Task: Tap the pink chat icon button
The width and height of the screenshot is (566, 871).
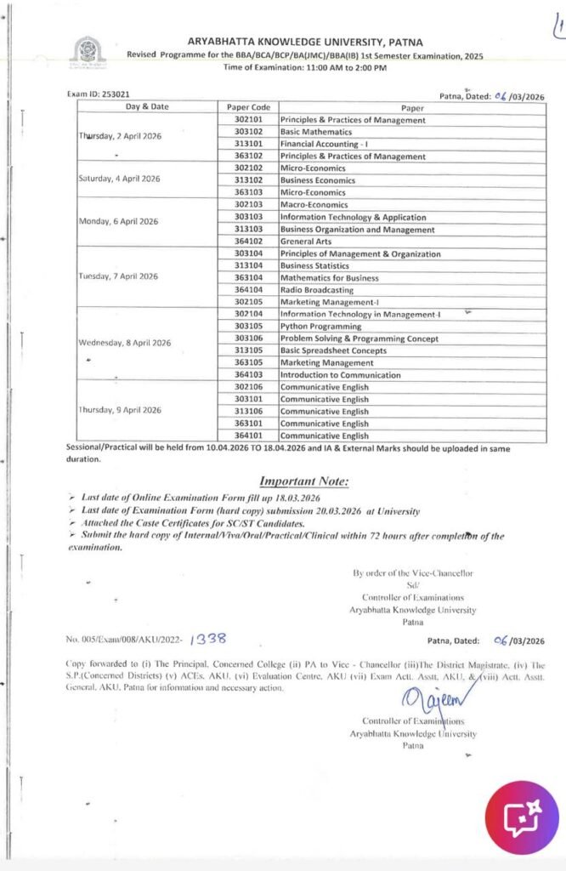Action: click(520, 818)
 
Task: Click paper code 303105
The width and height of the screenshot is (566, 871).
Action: click(248, 327)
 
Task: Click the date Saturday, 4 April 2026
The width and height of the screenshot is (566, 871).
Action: click(119, 179)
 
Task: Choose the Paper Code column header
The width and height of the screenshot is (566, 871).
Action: click(248, 108)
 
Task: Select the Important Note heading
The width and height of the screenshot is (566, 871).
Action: click(303, 481)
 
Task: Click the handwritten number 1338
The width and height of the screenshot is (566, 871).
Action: click(208, 638)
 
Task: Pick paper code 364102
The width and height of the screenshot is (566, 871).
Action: click(248, 242)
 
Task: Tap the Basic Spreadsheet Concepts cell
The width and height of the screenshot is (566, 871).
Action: click(333, 350)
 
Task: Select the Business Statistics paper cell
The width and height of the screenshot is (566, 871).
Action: click(317, 265)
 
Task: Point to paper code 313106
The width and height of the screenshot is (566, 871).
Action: click(248, 411)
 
